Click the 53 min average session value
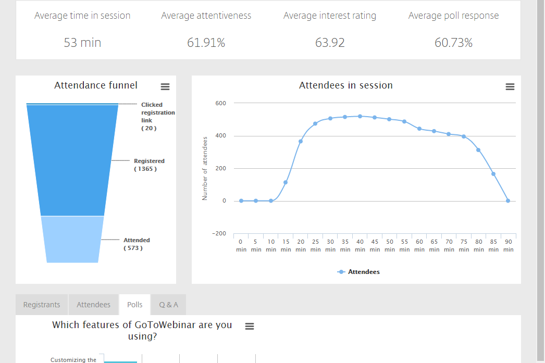click(x=82, y=43)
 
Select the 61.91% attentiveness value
click(x=206, y=43)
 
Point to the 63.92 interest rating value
click(x=330, y=43)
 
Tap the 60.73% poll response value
click(x=453, y=43)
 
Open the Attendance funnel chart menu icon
click(x=165, y=86)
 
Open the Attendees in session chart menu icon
click(x=510, y=86)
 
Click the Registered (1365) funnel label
click(x=148, y=165)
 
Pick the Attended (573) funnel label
click(x=137, y=244)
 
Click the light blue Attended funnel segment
click(x=72, y=240)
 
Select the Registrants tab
click(x=42, y=305)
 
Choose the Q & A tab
click(x=168, y=305)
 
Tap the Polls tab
click(x=134, y=305)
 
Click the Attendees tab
click(x=93, y=305)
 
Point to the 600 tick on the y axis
click(x=220, y=103)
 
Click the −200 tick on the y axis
click(x=219, y=233)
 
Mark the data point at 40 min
click(x=360, y=116)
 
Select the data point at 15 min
click(x=286, y=182)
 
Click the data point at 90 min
click(x=508, y=201)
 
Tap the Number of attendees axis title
click(x=205, y=168)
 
